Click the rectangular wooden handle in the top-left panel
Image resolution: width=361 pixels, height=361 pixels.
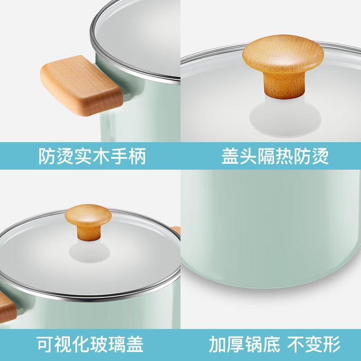[82, 86]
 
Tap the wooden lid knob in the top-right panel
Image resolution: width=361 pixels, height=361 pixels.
[283, 66]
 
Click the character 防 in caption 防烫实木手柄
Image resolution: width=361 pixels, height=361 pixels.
[47, 156]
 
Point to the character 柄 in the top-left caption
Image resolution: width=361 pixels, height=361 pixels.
[138, 156]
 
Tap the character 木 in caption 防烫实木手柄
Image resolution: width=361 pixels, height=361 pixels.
[101, 156]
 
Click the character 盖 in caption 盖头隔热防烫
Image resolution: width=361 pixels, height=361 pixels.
[230, 156]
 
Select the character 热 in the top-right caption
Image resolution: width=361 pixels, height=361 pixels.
[284, 156]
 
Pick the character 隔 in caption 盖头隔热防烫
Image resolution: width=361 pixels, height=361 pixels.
[266, 156]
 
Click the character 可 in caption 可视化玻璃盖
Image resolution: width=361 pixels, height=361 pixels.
[45, 344]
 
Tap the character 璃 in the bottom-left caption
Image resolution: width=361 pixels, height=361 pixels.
[117, 344]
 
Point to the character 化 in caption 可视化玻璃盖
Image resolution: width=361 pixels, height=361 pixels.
[81, 344]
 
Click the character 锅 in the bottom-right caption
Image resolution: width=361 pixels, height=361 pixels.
[253, 344]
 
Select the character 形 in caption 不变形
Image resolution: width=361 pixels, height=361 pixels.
[332, 344]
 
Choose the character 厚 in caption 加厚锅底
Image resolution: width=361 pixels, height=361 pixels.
[235, 344]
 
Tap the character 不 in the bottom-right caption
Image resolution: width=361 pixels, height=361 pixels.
[296, 344]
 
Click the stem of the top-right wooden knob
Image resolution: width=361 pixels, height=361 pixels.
[284, 86]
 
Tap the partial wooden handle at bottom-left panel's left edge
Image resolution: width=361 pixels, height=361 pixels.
[7, 307]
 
